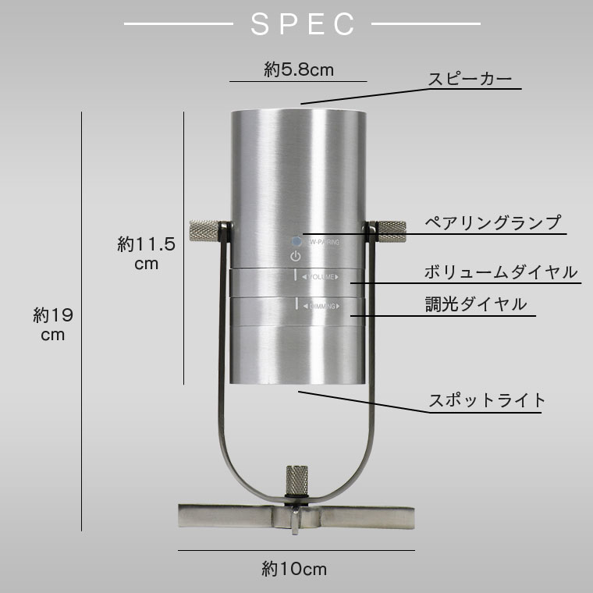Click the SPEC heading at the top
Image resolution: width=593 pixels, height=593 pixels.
pyautogui.click(x=303, y=24)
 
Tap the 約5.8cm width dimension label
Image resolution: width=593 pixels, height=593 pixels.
pyautogui.click(x=298, y=70)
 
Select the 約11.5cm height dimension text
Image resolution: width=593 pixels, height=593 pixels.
pyautogui.click(x=146, y=254)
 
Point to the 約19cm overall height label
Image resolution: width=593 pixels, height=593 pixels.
pyautogui.click(x=53, y=325)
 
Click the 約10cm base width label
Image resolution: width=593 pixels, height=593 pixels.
pyautogui.click(x=294, y=569)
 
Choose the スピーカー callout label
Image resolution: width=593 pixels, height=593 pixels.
pyautogui.click(x=469, y=80)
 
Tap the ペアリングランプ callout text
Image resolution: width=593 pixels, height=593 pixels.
pyautogui.click(x=492, y=222)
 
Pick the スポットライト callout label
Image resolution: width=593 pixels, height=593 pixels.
pyautogui.click(x=487, y=401)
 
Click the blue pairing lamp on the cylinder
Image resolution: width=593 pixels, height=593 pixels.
pyautogui.click(x=296, y=243)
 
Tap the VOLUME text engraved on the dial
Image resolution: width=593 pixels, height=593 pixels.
pyautogui.click(x=321, y=277)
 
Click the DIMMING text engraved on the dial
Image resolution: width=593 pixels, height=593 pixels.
pyautogui.click(x=322, y=307)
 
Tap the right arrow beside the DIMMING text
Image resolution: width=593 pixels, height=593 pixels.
pyautogui.click(x=341, y=307)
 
